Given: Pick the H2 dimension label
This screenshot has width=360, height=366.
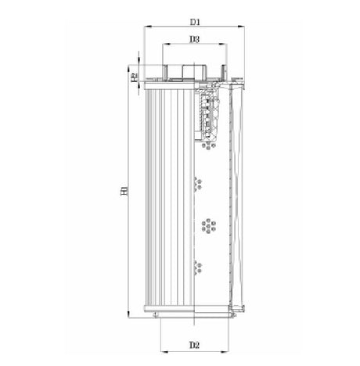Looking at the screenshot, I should point(135,76).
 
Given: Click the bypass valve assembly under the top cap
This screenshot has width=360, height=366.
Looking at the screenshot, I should point(210,117).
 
